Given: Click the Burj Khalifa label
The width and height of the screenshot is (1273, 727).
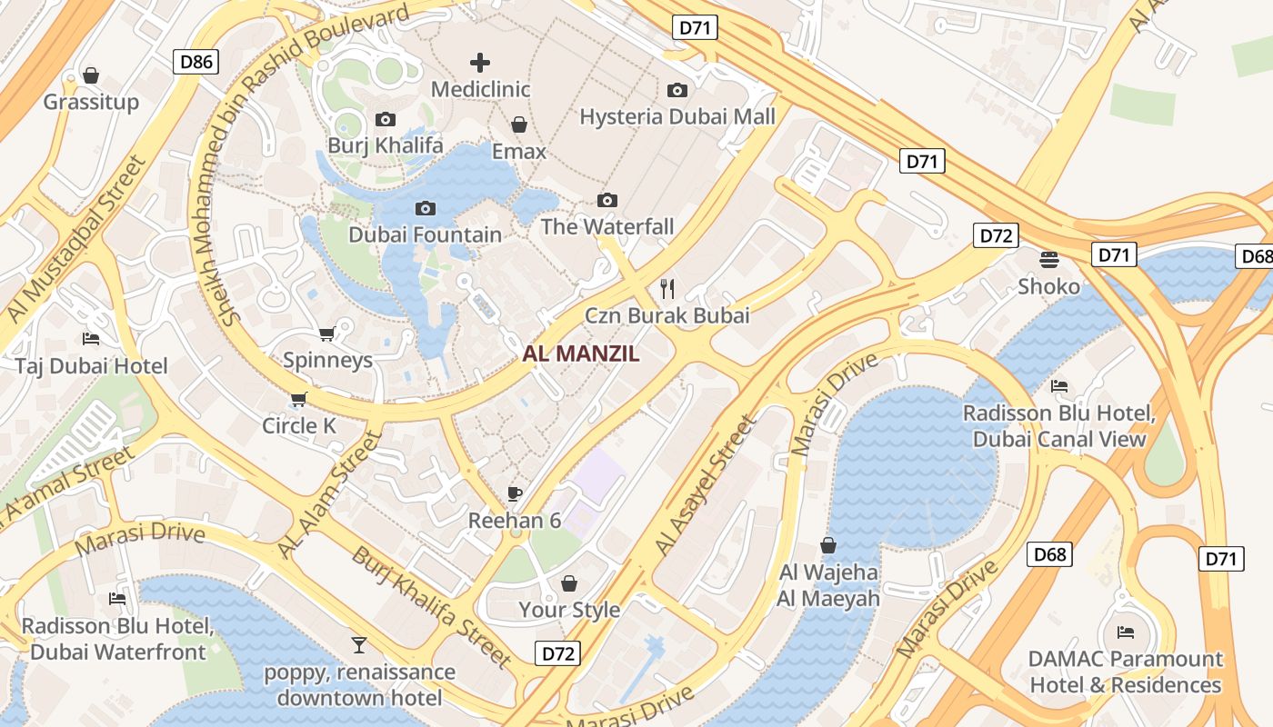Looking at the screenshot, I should click(x=386, y=145).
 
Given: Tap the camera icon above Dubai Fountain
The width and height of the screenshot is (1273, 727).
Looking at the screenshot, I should click(x=425, y=209).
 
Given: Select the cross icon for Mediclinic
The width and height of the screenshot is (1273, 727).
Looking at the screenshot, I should click(x=480, y=63).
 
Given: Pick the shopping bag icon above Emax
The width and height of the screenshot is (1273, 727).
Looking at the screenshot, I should click(x=519, y=124).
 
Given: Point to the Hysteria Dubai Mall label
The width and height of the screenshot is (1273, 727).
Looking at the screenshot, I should click(x=677, y=116).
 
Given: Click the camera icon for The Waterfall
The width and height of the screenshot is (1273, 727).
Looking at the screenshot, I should click(x=607, y=200).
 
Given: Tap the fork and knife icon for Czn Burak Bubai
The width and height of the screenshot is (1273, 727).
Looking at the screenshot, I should click(x=667, y=289).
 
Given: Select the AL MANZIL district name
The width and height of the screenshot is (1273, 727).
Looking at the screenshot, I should click(x=581, y=354).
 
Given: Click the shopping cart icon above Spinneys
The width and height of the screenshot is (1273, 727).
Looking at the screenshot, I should click(x=327, y=334).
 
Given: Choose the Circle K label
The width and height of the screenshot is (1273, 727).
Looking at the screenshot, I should click(x=299, y=425).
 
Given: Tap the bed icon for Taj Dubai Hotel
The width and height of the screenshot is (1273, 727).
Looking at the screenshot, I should click(x=91, y=339).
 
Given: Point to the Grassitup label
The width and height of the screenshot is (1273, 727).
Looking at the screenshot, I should click(x=91, y=102).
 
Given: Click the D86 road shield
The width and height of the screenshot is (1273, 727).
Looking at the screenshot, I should click(x=196, y=62).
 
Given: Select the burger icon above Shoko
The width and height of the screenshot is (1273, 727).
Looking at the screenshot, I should click(x=1048, y=260).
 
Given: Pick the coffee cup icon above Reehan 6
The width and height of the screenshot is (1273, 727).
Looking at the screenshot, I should click(x=515, y=493).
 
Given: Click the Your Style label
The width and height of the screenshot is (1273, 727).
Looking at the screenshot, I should click(x=569, y=610).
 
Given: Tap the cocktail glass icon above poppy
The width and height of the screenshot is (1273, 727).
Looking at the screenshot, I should click(x=359, y=645).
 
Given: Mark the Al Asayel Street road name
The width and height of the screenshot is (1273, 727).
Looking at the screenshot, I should click(x=706, y=486).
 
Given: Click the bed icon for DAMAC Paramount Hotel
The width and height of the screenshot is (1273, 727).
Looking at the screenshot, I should click(x=1126, y=632).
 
